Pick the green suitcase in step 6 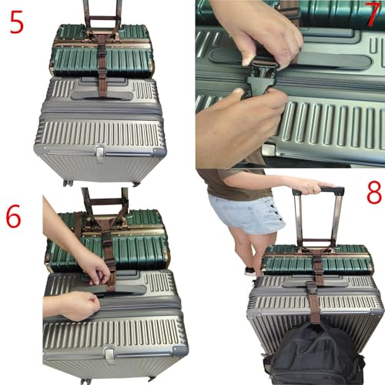click(x=139, y=246)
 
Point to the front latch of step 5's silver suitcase click(x=100, y=152)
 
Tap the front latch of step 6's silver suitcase click(x=110, y=355)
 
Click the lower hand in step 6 click(x=73, y=304)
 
